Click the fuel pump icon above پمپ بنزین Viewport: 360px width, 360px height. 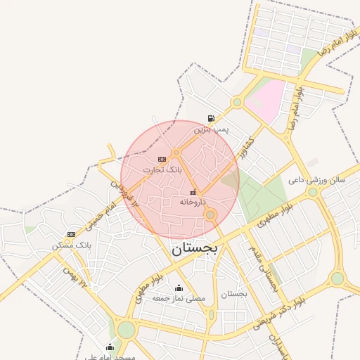click(211, 118)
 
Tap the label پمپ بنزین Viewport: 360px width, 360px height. click(212, 129)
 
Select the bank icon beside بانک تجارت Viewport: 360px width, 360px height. click(162, 159)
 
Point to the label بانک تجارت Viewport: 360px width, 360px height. click(162, 169)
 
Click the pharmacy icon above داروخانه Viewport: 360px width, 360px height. click(193, 192)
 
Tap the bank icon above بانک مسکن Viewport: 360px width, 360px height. click(71, 234)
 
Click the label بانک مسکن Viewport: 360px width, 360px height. click(72, 245)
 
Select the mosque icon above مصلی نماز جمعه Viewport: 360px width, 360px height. click(179, 288)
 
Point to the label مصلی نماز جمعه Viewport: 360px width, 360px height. click(179, 298)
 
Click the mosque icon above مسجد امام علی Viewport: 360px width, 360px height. click(109, 347)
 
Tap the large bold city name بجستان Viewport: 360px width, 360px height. click(195, 249)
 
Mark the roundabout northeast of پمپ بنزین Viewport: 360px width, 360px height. click(238, 103)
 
